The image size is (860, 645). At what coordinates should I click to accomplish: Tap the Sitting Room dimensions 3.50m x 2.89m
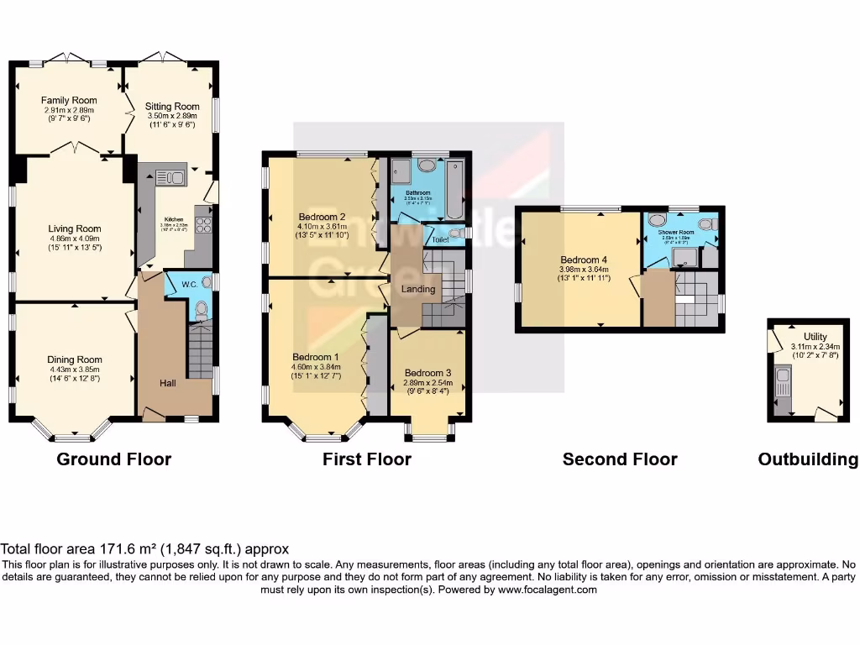pyautogui.click(x=172, y=116)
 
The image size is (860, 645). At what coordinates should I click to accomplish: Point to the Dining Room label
pyautogui.click(x=74, y=359)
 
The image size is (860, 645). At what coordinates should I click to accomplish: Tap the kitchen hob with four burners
pyautogui.click(x=203, y=224)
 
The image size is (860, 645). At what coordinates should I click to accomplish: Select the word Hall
pyautogui.click(x=168, y=383)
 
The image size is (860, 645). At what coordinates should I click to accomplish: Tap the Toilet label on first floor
pyautogui.click(x=440, y=239)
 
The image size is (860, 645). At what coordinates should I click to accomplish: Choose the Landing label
pyautogui.click(x=418, y=289)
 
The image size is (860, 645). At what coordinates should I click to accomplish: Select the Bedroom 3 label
pyautogui.click(x=427, y=373)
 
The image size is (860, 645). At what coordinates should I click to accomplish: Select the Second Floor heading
pyautogui.click(x=620, y=459)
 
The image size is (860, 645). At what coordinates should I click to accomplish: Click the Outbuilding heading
pyautogui.click(x=807, y=459)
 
